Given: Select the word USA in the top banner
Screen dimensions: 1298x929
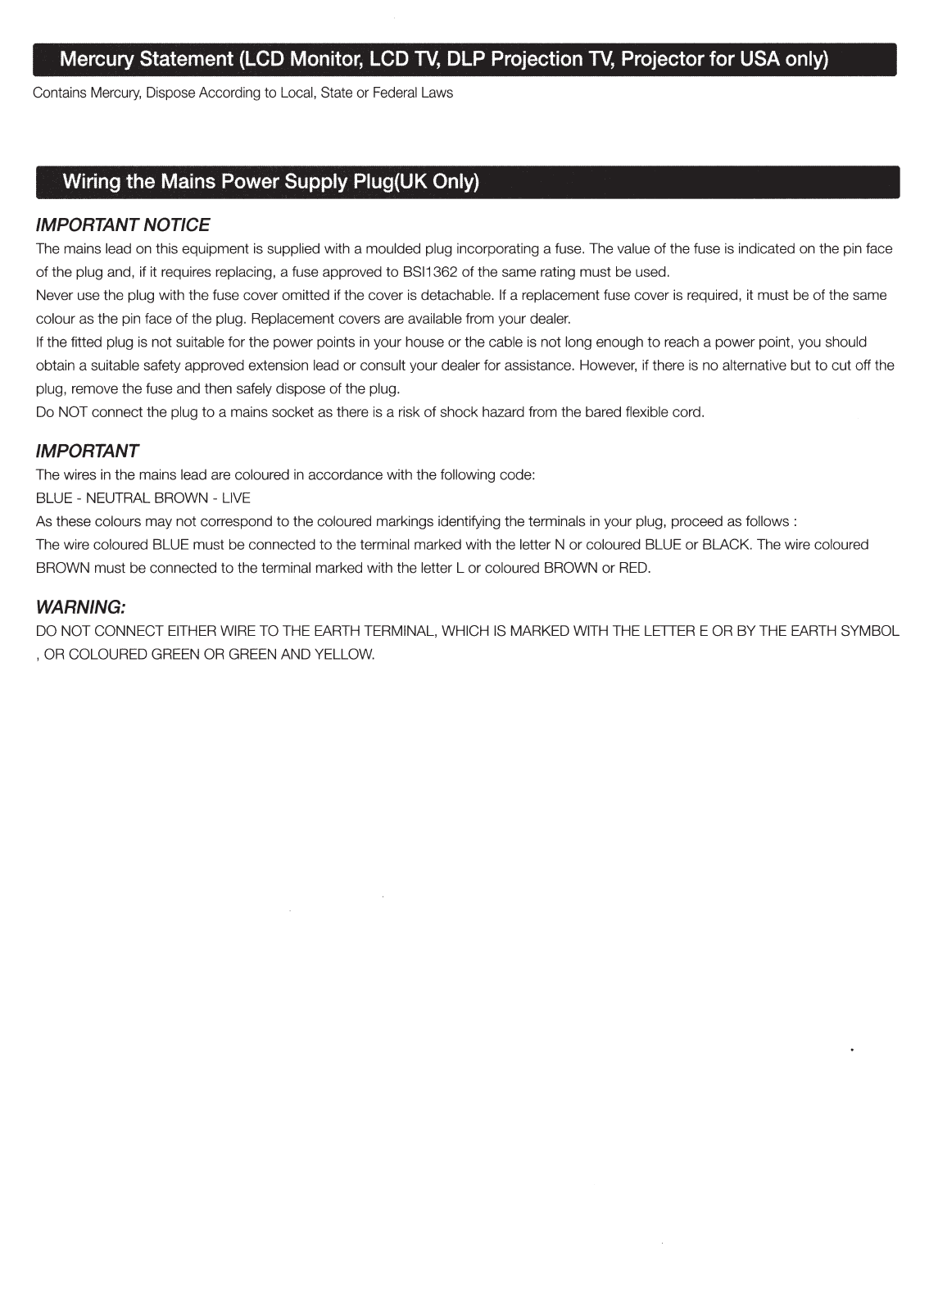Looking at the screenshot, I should pyautogui.click(x=760, y=59).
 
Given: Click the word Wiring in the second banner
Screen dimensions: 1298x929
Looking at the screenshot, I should pyautogui.click(x=91, y=181).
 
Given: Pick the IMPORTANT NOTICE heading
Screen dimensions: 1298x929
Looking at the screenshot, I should pyautogui.click(x=123, y=225).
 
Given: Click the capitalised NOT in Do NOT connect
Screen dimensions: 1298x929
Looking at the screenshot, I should pyautogui.click(x=73, y=412).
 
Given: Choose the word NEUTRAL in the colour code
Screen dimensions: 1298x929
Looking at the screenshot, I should pyautogui.click(x=118, y=498).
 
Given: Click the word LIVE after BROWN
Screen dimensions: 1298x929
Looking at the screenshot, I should pyautogui.click(x=236, y=498).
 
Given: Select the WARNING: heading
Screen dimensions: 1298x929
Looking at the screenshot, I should pyautogui.click(x=80, y=607).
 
